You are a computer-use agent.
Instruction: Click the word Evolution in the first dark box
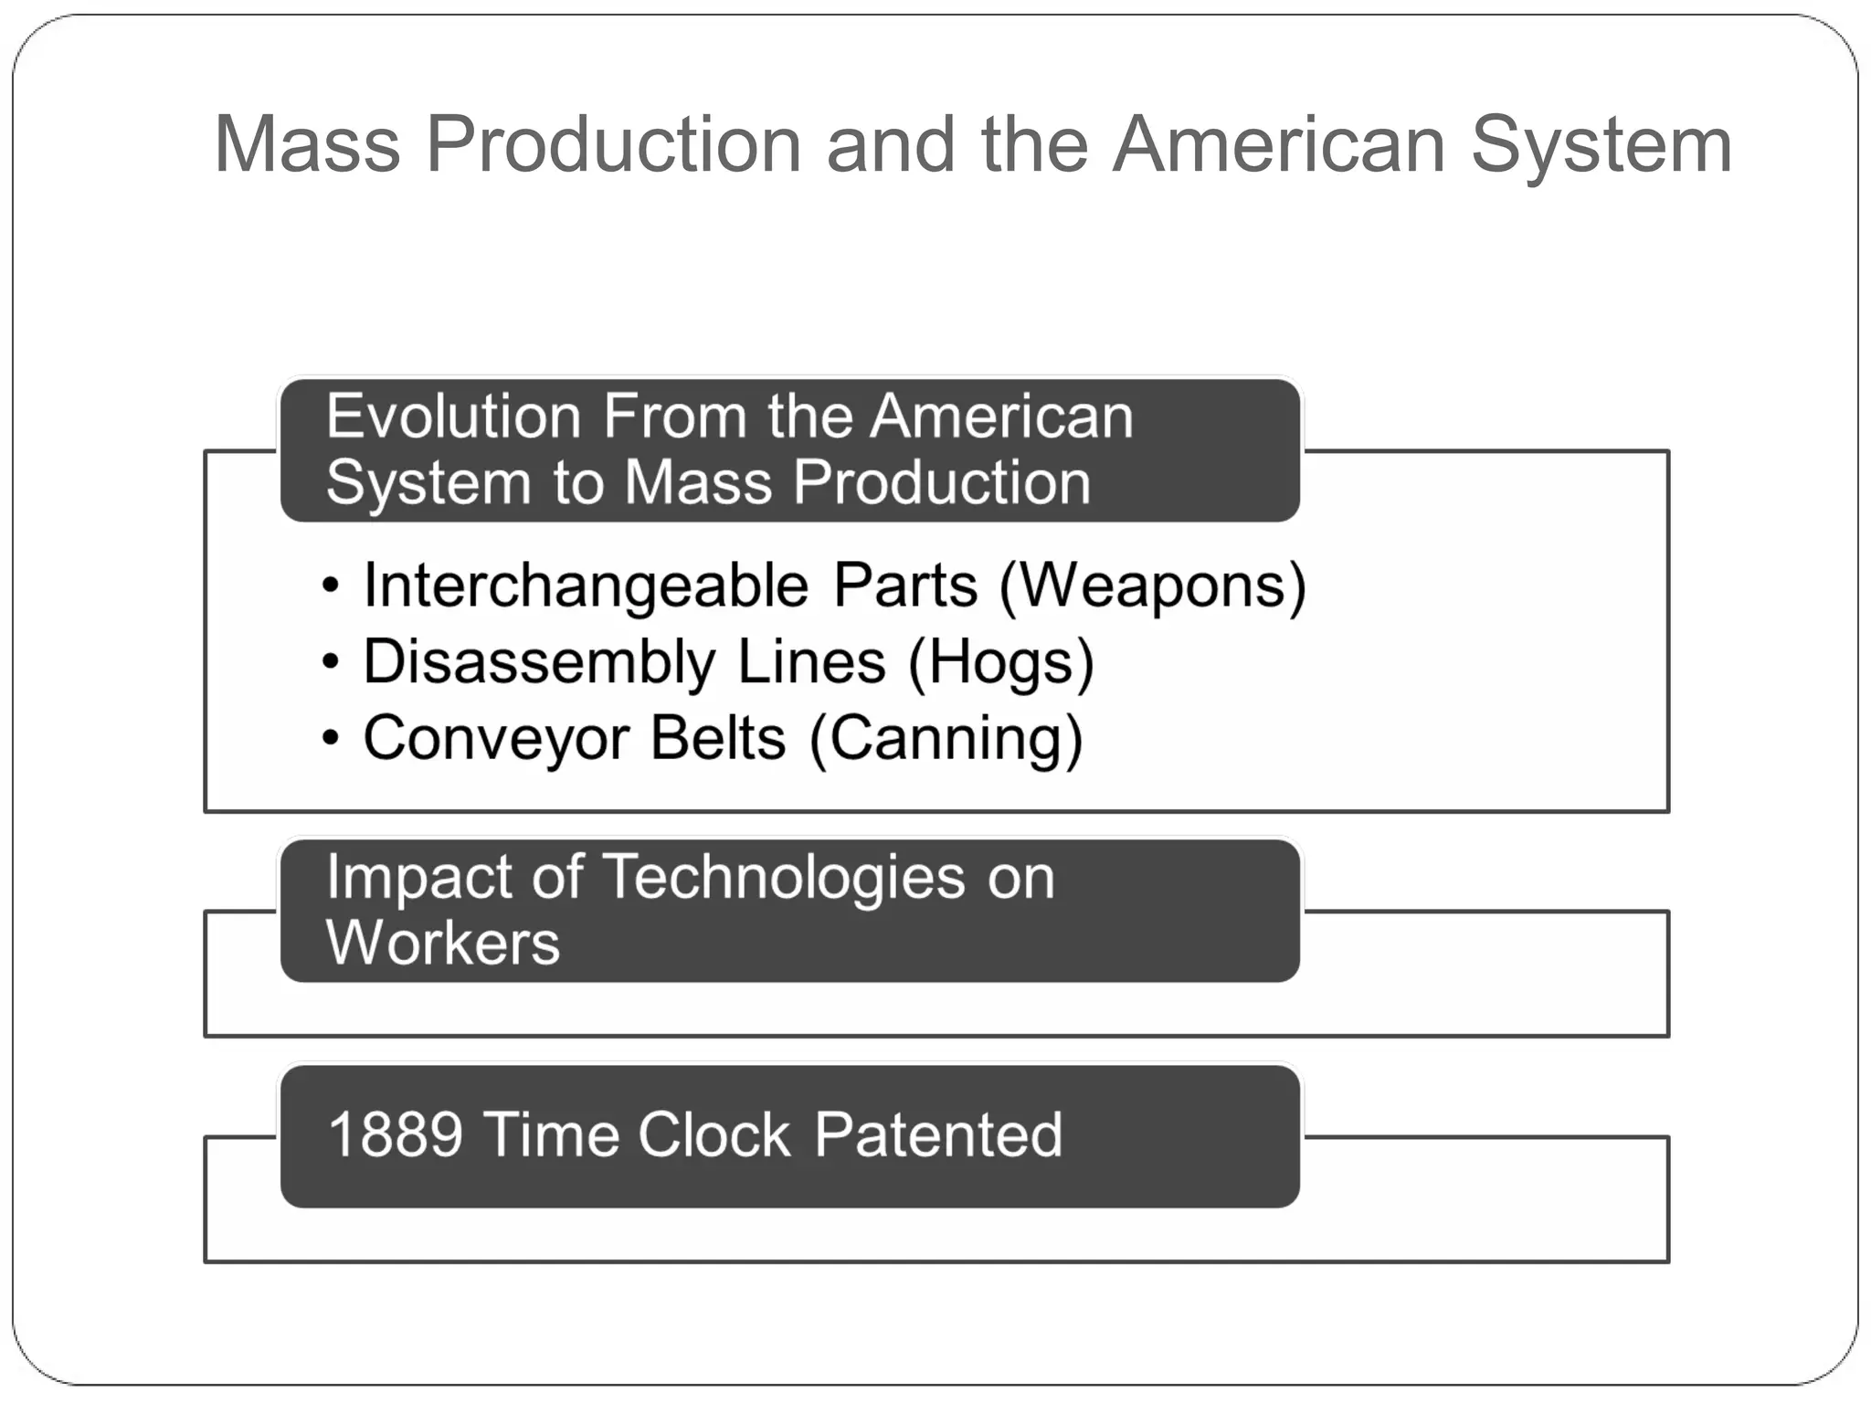[x=454, y=417]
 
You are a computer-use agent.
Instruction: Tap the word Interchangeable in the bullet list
[x=586, y=585]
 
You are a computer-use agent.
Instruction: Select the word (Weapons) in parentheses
[x=1152, y=586]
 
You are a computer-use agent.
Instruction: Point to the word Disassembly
[x=539, y=662]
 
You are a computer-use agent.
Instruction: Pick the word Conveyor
[x=496, y=738]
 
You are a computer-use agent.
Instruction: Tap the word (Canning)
[x=946, y=738]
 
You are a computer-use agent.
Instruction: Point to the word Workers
[x=443, y=943]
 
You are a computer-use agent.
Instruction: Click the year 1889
[x=395, y=1135]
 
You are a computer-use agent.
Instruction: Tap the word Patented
[x=938, y=1135]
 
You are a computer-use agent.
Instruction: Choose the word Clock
[x=714, y=1135]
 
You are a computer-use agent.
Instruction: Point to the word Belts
[x=718, y=738]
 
